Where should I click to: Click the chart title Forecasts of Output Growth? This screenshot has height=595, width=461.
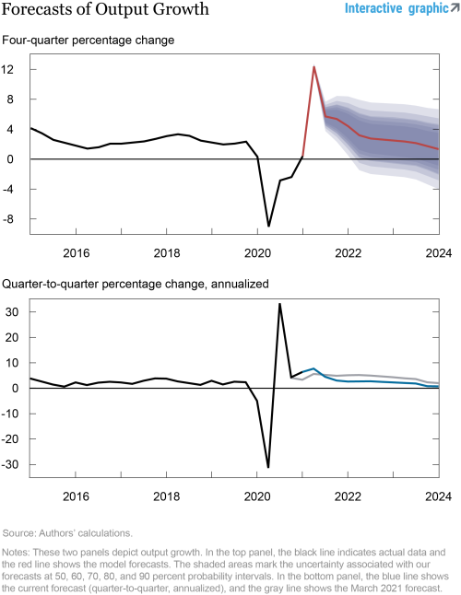pos(105,10)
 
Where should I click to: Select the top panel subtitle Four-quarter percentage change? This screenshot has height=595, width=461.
pos(89,41)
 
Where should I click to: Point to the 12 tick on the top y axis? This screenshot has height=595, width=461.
pos(10,69)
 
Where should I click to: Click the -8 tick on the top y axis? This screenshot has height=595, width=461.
pos(10,219)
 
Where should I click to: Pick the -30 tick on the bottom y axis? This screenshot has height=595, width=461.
pos(8,464)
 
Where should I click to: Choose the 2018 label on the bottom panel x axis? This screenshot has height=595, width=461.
pos(166,495)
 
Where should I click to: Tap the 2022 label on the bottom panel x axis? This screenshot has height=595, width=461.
pos(347,495)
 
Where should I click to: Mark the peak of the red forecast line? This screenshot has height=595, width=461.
pos(313,66)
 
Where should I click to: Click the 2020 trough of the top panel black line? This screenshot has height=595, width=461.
pos(268,226)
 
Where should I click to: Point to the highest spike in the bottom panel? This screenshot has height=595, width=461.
pos(279,304)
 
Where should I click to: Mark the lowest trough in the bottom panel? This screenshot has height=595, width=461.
pos(268,467)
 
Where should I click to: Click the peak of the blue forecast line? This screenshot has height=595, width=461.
pos(314,368)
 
